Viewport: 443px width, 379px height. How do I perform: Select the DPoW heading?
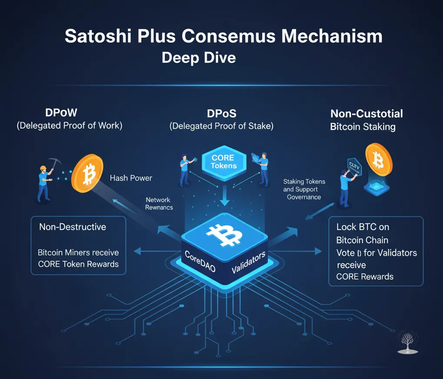point(61,113)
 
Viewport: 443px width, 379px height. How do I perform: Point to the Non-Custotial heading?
point(366,114)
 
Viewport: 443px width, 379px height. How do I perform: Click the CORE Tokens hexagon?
point(223,161)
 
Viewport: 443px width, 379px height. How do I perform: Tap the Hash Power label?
point(131,178)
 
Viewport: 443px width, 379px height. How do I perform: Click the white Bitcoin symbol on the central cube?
point(223,235)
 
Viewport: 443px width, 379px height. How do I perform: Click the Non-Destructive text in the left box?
point(72,227)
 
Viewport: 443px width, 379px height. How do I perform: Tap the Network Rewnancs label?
point(159,204)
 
